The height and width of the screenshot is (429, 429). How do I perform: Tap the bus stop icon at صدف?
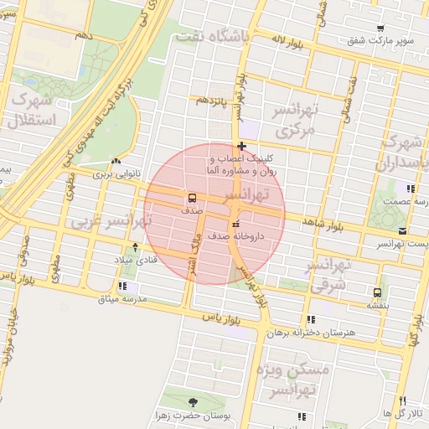pos(193,199)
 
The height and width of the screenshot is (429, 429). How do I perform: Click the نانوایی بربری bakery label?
pos(115,175)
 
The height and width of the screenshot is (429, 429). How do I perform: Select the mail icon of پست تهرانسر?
pos(404,230)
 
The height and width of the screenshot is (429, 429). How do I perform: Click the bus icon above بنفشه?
pos(377,292)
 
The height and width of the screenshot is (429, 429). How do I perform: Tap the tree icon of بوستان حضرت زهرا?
pos(194,402)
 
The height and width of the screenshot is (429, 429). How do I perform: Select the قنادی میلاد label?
pos(135,260)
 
